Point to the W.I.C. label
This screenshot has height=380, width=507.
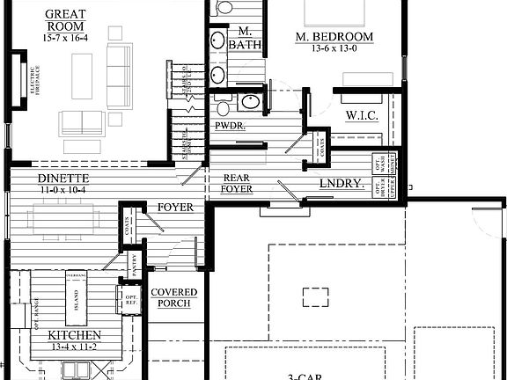362,115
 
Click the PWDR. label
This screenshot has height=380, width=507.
231,126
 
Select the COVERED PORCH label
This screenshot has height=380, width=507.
173,298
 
